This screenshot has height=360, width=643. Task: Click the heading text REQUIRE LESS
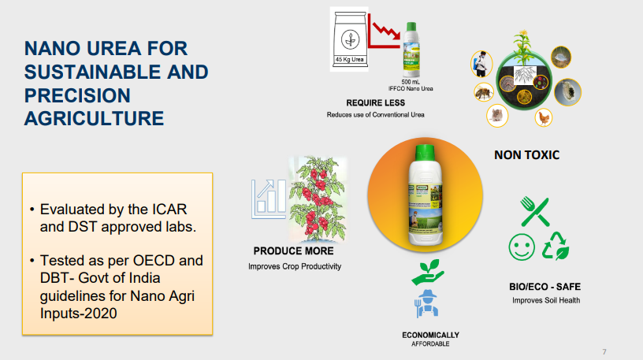point(375,103)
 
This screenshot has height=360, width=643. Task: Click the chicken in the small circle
point(543,117)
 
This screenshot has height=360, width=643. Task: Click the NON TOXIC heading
point(526,155)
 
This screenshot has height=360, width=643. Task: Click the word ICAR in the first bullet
point(166,210)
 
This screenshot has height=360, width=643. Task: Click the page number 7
point(604,351)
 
